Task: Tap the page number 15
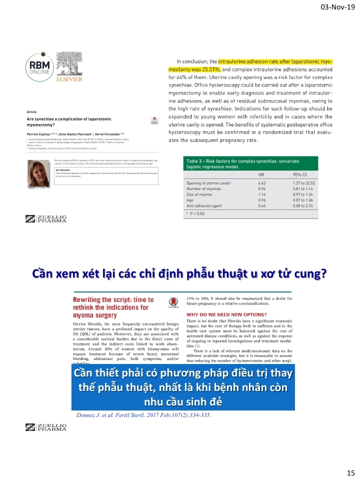(350, 472)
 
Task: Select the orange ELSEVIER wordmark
(69, 79)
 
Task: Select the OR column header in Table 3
(261, 175)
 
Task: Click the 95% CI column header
(301, 175)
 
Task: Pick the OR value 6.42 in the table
(261, 183)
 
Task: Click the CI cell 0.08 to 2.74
(303, 205)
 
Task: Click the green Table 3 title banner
(250, 163)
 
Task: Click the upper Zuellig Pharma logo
(46, 218)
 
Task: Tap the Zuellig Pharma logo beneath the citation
(46, 427)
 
